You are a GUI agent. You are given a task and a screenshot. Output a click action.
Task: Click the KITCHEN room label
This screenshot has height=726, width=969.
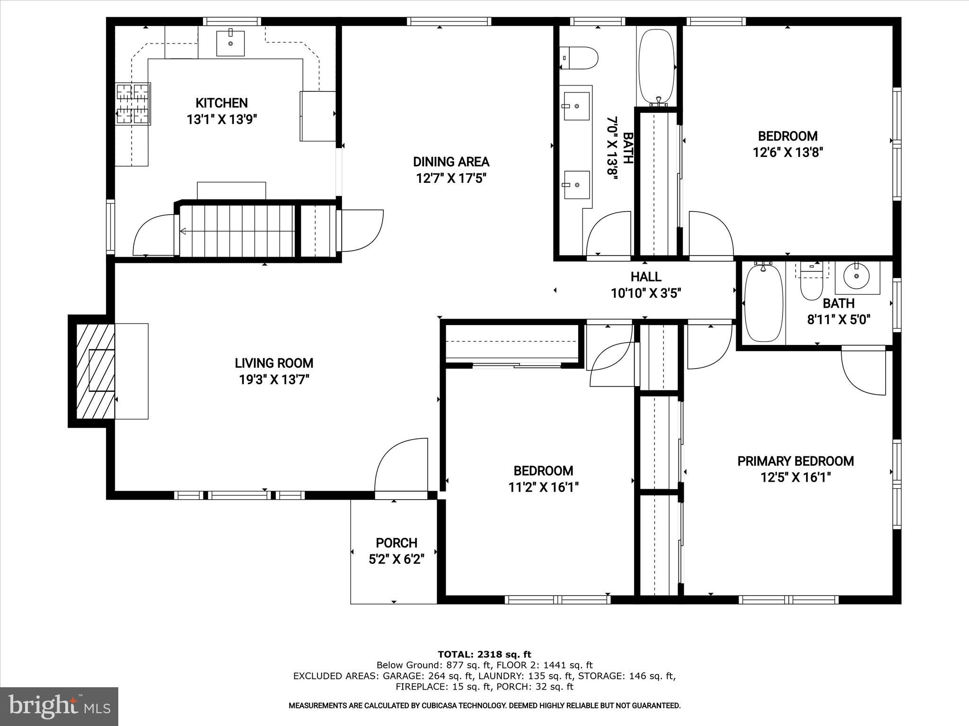221,103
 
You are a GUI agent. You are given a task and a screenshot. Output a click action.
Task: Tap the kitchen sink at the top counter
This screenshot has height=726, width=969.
230,43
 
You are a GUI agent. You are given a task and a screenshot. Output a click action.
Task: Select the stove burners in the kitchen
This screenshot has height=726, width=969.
133,104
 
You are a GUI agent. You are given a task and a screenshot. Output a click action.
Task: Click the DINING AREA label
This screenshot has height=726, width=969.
451,162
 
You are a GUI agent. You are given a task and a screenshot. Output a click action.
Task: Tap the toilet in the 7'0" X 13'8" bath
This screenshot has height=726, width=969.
579,58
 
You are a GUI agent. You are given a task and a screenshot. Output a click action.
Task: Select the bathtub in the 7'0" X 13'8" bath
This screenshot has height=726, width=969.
656,66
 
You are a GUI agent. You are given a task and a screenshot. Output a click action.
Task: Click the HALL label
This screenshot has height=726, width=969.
646,277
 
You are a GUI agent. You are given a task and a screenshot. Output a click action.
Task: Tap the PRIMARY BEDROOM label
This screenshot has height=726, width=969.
795,461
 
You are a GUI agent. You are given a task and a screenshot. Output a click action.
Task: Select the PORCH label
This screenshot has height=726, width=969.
396,543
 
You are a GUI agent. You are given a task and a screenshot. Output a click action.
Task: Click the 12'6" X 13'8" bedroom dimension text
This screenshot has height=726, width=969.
788,153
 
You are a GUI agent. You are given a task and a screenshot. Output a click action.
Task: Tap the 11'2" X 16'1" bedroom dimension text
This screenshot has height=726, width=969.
543,487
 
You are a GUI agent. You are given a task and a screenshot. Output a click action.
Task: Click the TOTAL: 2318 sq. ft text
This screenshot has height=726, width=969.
484,655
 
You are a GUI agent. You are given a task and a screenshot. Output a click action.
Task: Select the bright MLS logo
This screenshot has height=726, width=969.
59,707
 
